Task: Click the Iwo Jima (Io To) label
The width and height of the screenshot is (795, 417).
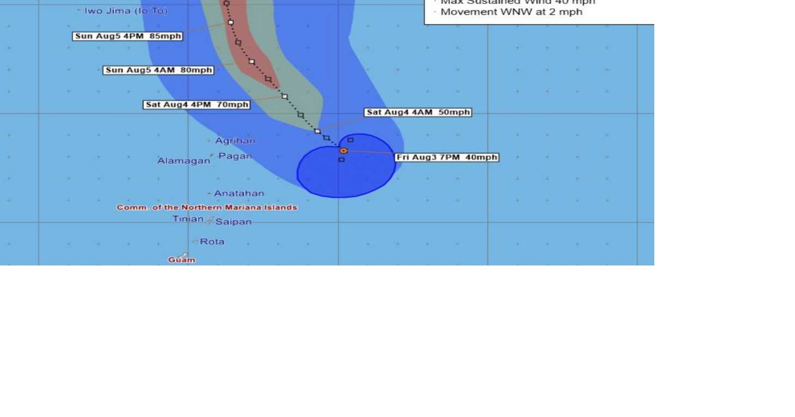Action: (x=126, y=11)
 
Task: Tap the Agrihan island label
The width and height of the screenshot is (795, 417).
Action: (x=234, y=141)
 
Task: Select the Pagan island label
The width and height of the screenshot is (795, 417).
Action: (x=235, y=156)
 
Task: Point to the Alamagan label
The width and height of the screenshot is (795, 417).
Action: (x=184, y=161)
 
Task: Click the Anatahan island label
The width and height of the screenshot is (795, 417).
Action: (x=239, y=194)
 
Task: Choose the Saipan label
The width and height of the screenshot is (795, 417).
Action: (x=233, y=222)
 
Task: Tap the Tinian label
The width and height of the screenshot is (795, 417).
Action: (x=188, y=219)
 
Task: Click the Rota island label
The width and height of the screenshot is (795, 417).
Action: (x=212, y=241)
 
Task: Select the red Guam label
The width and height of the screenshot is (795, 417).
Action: (x=182, y=260)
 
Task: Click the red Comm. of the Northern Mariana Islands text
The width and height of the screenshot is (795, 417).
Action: (x=207, y=208)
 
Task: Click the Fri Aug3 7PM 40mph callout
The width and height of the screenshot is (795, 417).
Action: (x=447, y=158)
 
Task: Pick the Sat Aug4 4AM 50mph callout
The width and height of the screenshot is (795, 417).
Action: (x=418, y=112)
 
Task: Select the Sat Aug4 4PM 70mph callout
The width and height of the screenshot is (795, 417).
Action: (x=197, y=105)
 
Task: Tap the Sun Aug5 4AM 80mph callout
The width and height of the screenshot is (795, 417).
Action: (x=158, y=70)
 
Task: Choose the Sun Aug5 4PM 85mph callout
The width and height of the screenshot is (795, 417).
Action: (x=128, y=37)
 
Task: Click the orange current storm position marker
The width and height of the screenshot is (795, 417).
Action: (x=344, y=150)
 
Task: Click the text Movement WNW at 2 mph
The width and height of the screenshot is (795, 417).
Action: (x=511, y=12)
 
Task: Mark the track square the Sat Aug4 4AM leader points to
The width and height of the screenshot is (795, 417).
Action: (x=317, y=131)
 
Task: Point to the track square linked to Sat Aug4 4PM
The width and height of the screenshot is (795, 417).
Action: (x=284, y=96)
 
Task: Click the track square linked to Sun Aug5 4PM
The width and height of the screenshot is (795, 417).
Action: (x=231, y=22)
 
